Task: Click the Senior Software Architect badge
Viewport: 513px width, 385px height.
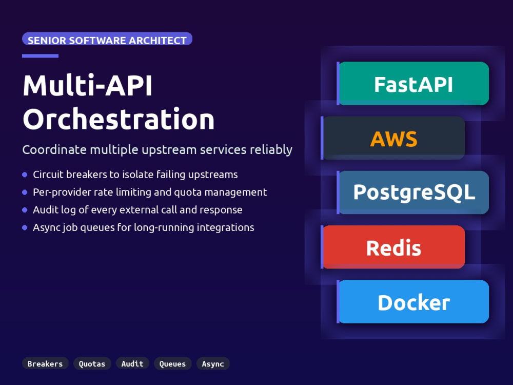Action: click(107, 39)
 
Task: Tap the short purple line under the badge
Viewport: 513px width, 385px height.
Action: click(40, 56)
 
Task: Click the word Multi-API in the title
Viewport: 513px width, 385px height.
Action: click(88, 85)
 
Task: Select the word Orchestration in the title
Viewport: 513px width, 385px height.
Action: click(119, 119)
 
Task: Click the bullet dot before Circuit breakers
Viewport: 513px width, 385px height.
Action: click(25, 175)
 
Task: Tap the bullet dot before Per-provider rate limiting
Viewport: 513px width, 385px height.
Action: click(25, 192)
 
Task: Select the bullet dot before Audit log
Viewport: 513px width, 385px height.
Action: click(25, 210)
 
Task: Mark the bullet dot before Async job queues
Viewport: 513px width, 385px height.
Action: click(25, 227)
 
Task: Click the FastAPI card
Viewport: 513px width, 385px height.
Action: click(413, 84)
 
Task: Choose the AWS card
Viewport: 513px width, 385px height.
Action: click(393, 138)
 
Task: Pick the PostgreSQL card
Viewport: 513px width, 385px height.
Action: click(413, 192)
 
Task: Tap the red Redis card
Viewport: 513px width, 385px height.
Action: click(393, 247)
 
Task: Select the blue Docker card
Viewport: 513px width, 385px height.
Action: click(413, 301)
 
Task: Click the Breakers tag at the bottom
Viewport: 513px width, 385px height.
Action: click(45, 363)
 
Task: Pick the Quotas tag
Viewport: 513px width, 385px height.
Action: click(92, 363)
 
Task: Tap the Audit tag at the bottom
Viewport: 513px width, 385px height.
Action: click(132, 363)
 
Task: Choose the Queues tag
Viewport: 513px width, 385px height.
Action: click(172, 363)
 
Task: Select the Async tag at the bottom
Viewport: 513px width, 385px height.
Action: click(213, 363)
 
